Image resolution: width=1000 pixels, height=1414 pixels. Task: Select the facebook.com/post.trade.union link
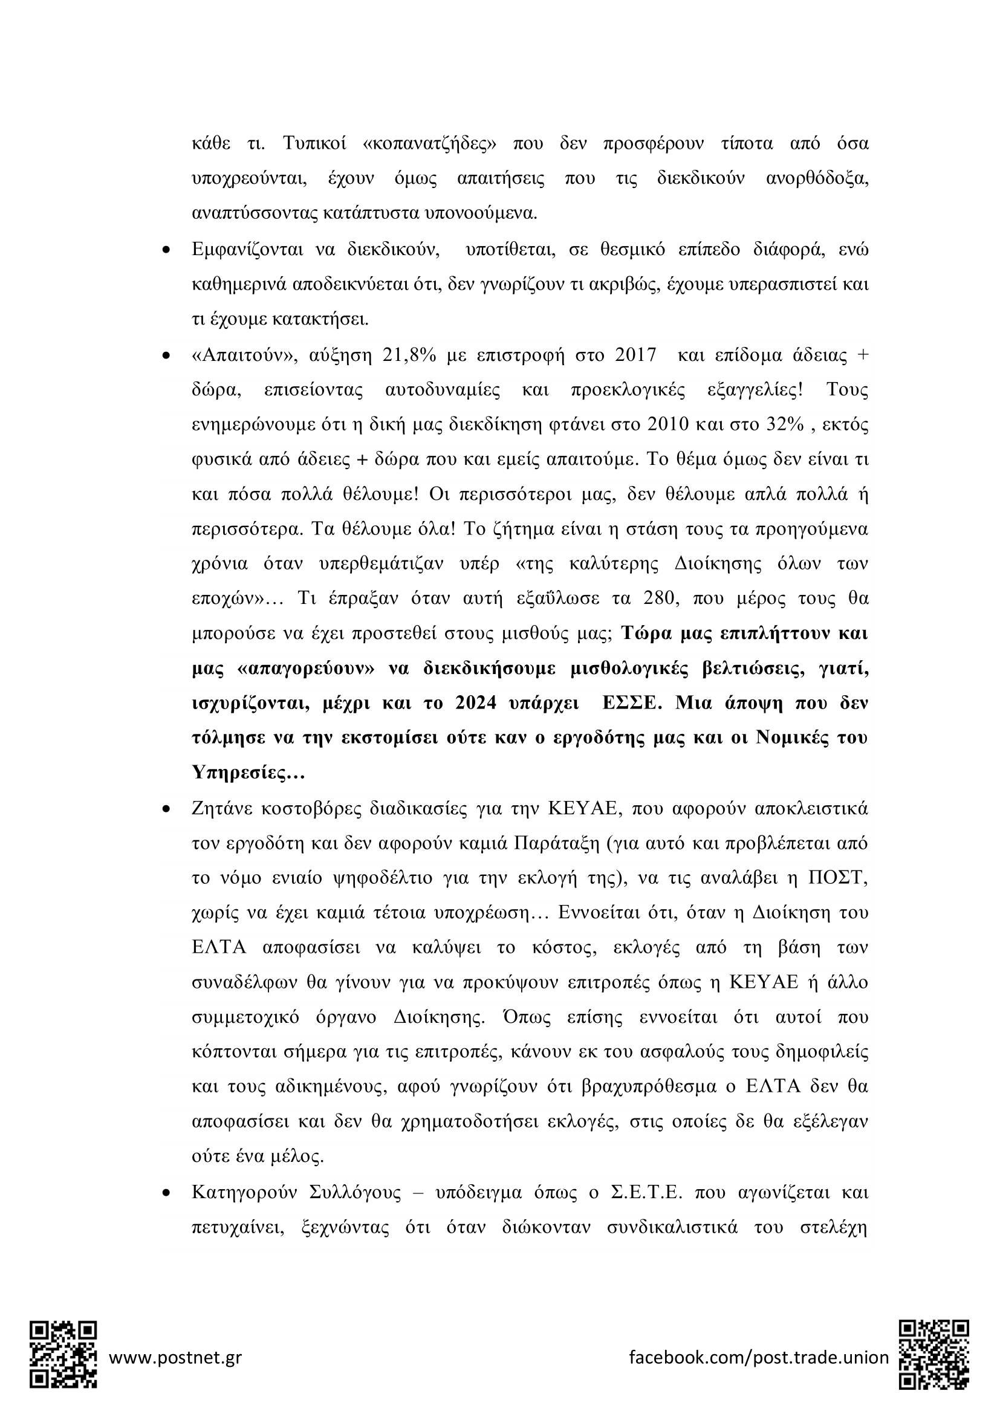pyautogui.click(x=759, y=1357)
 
